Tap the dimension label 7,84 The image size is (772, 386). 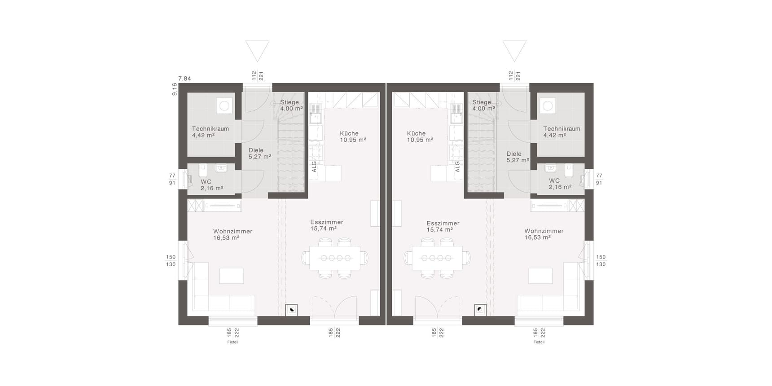(x=184, y=79)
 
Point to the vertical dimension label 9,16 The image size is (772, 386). (x=175, y=89)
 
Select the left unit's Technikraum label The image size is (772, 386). (x=211, y=129)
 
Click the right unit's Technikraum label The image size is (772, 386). (x=561, y=129)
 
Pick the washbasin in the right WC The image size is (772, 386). (x=550, y=168)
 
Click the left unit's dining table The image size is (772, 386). (x=335, y=258)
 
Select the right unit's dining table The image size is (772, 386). (x=437, y=258)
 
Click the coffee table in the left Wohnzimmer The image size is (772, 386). (x=232, y=276)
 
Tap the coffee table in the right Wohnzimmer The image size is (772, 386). (x=540, y=276)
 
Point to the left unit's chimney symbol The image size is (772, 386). (x=292, y=310)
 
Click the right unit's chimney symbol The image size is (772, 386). (x=480, y=310)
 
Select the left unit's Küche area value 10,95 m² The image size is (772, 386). (x=353, y=140)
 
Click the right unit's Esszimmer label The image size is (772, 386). (x=443, y=223)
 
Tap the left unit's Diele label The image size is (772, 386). (x=256, y=150)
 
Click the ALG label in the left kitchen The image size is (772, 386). (x=314, y=167)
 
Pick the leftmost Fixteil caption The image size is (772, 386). (x=233, y=342)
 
